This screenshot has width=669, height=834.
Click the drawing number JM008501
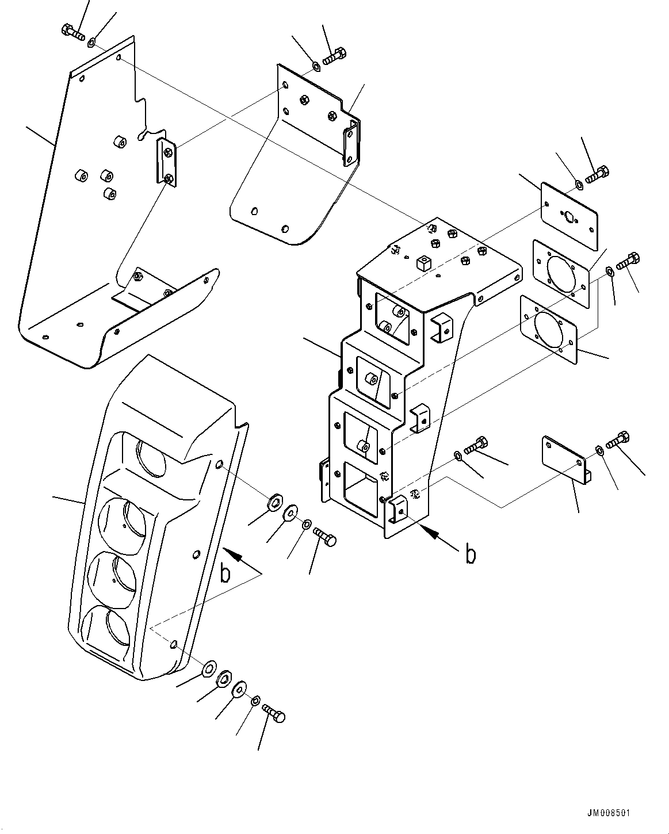pos(609,813)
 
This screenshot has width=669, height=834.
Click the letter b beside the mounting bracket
pos(471,554)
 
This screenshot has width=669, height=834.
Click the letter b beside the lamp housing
pos(227,573)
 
